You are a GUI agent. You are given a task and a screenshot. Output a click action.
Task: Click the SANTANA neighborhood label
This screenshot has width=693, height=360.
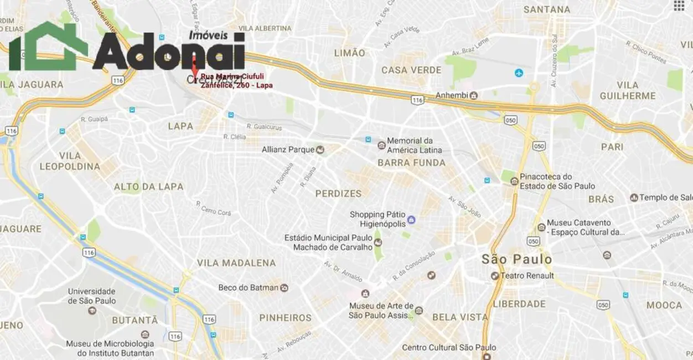tap(547, 9)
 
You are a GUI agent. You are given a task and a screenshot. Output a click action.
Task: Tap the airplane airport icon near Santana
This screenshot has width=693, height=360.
tap(519, 73)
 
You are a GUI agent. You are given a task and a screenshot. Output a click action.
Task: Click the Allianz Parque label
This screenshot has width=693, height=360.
tap(288, 150)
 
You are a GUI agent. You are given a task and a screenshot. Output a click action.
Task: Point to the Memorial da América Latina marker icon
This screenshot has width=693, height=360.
tap(381, 145)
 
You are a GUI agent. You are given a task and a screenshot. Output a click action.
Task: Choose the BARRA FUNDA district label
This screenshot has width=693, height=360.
tap(411, 163)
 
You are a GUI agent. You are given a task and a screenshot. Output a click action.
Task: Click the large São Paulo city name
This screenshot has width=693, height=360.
tap(516, 259)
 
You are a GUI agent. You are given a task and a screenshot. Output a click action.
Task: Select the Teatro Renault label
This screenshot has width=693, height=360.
tap(527, 275)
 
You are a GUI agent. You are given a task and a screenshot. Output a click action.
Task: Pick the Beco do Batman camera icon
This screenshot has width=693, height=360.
tap(285, 288)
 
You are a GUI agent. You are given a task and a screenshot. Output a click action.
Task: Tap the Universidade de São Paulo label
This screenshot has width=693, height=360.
tap(91, 296)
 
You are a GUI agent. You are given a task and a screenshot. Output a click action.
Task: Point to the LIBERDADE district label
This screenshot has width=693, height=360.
tap(519, 304)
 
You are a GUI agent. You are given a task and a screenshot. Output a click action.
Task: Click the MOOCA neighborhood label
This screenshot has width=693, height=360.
tap(664, 305)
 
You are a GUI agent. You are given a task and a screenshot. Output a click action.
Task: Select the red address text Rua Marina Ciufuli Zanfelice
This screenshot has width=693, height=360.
tap(236, 81)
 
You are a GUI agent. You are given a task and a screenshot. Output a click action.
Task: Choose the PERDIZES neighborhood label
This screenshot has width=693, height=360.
tap(338, 194)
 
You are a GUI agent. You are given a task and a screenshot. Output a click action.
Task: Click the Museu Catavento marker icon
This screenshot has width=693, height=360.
tap(541, 227)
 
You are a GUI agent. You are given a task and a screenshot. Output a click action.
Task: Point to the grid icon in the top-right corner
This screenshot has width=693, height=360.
tap(679, 6)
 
